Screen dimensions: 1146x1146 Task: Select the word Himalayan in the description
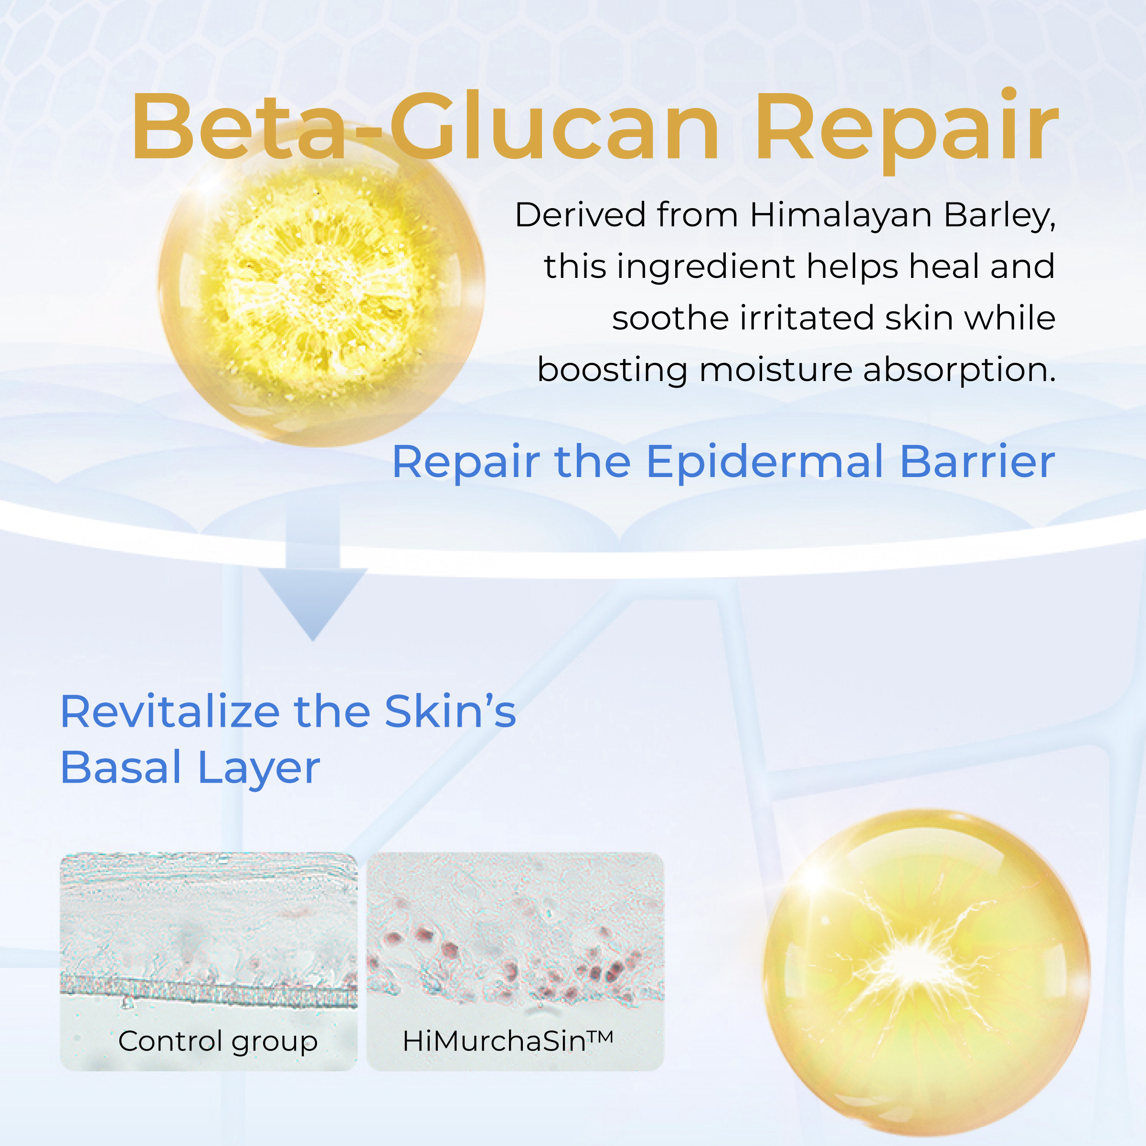[840, 215]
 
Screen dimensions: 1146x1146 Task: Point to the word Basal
[121, 767]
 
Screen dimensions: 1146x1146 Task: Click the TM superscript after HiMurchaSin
[600, 1036]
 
